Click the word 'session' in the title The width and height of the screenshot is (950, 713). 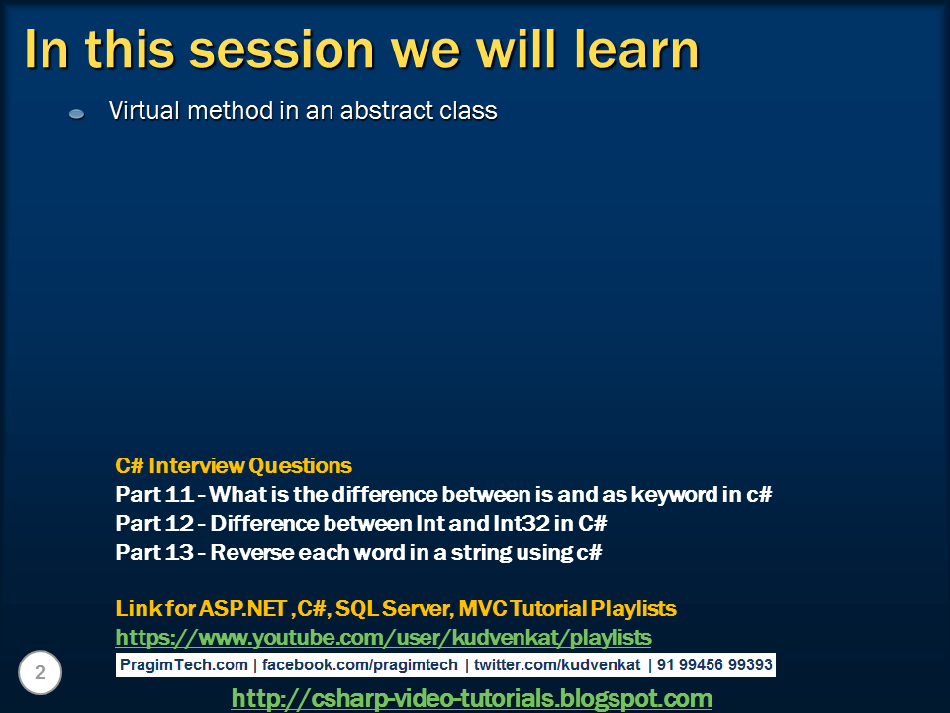(281, 50)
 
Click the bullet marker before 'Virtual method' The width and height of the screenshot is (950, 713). (76, 113)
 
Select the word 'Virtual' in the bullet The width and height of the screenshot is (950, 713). (144, 110)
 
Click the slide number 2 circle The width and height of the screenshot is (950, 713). (40, 672)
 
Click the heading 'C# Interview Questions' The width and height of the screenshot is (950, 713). (234, 465)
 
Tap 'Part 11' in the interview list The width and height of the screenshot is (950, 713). (154, 494)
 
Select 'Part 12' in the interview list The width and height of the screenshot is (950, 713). (154, 523)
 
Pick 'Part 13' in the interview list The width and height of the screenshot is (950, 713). (154, 552)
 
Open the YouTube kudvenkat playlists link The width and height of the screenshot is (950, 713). (383, 637)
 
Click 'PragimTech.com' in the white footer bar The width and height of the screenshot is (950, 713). (184, 665)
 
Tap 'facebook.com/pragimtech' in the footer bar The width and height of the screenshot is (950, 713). (359, 665)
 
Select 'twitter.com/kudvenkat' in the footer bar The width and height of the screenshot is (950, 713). (557, 665)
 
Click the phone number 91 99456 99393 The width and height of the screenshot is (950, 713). (714, 665)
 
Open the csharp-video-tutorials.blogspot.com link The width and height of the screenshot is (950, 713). (471, 698)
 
